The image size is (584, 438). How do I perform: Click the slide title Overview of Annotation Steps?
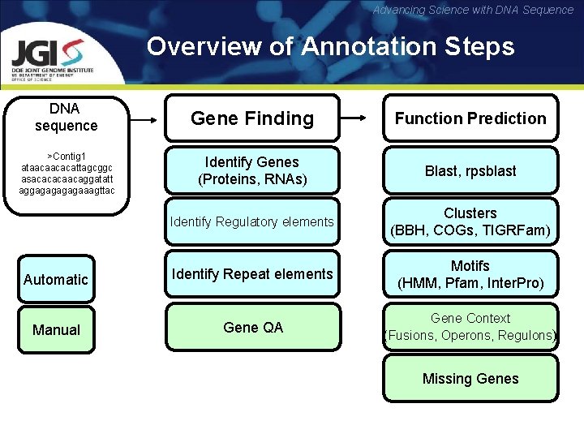click(330, 46)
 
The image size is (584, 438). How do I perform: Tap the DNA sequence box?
click(66, 118)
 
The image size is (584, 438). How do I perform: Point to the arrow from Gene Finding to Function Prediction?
click(360, 118)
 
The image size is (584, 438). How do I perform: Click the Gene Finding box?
click(252, 118)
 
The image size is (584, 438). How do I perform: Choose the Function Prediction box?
click(470, 118)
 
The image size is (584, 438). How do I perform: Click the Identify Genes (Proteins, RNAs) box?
click(252, 170)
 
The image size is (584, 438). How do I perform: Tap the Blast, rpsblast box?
click(470, 171)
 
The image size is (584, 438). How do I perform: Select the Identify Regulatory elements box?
click(252, 221)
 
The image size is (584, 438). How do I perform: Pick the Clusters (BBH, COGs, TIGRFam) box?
click(470, 222)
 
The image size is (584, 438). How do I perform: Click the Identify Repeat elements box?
click(252, 274)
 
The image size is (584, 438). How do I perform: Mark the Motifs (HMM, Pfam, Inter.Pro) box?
click(470, 275)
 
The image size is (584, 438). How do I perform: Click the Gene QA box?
click(252, 327)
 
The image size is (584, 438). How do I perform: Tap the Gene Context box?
click(470, 327)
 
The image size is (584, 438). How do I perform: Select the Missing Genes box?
click(470, 379)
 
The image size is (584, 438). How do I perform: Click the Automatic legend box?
click(56, 279)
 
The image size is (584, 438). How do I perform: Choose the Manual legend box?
click(56, 330)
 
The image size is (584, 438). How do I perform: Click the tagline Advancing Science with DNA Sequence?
click(473, 10)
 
